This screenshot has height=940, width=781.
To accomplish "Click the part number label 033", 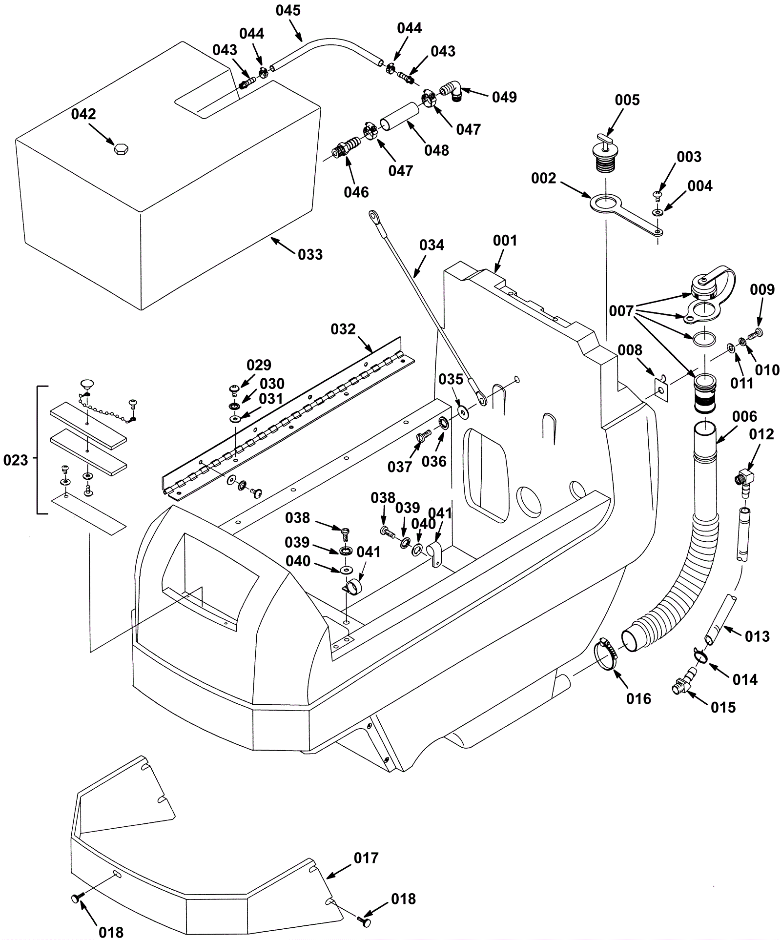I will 310,254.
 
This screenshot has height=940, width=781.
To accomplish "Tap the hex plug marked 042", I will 121,148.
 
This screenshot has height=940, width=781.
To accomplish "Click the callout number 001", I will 505,240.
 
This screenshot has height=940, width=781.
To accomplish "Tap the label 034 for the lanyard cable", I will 432,245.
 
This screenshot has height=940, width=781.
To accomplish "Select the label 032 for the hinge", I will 343,329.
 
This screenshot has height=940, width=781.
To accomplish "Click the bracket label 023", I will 16,460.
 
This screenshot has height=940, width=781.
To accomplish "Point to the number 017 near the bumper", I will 366,858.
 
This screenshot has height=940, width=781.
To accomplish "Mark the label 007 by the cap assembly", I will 621,310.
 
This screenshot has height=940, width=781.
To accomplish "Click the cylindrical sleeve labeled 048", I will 400,117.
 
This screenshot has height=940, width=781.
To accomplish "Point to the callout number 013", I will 757,636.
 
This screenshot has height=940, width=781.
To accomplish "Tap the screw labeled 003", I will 657,194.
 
